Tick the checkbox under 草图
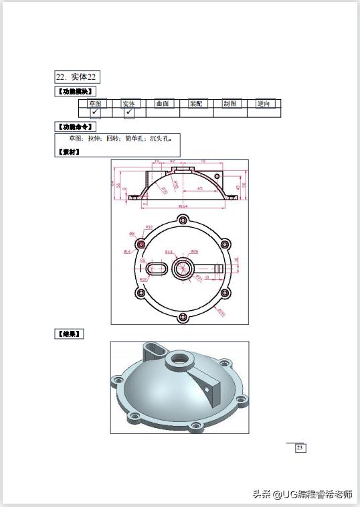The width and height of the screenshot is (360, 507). (95, 113)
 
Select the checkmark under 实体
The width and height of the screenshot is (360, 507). (128, 113)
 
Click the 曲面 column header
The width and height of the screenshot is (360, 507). (163, 104)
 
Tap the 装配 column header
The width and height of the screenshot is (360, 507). (196, 104)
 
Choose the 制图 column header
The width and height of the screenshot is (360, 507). (230, 104)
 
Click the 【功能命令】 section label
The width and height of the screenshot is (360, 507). (75, 127)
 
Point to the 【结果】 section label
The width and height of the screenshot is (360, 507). (70, 333)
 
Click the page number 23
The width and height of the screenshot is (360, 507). (300, 448)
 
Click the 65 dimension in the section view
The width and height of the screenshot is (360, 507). (200, 190)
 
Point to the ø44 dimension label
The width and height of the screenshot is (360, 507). (169, 252)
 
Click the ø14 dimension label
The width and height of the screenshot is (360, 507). (127, 252)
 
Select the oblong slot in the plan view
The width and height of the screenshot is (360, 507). (157, 269)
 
